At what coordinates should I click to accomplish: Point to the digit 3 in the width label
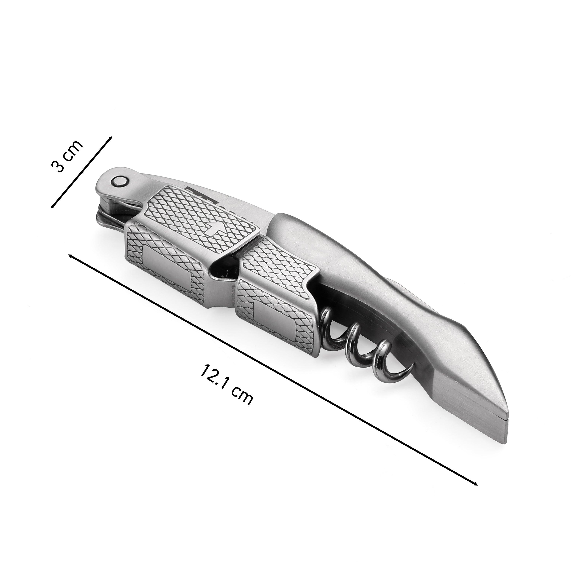click(x=58, y=166)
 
